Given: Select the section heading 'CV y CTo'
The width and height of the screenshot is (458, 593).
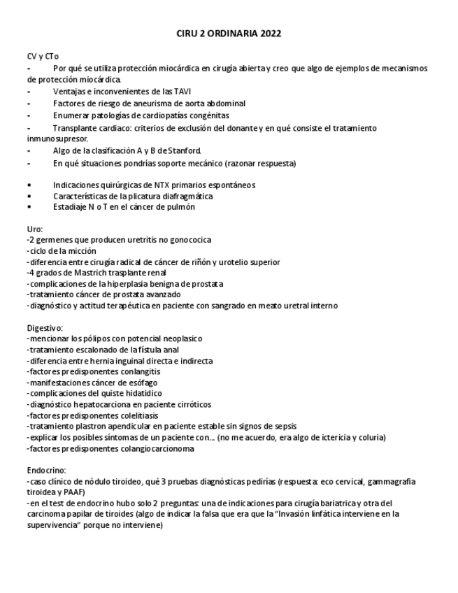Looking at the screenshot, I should (x=43, y=56).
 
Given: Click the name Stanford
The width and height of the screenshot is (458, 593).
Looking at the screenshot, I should (x=184, y=150).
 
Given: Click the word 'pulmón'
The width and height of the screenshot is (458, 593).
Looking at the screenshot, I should (x=180, y=207).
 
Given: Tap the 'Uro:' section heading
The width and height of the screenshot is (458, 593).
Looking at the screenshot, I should (x=35, y=229).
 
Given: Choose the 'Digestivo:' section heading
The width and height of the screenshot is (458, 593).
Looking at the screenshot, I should (x=45, y=327).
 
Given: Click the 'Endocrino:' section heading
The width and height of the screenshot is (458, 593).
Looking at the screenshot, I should (x=46, y=471).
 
